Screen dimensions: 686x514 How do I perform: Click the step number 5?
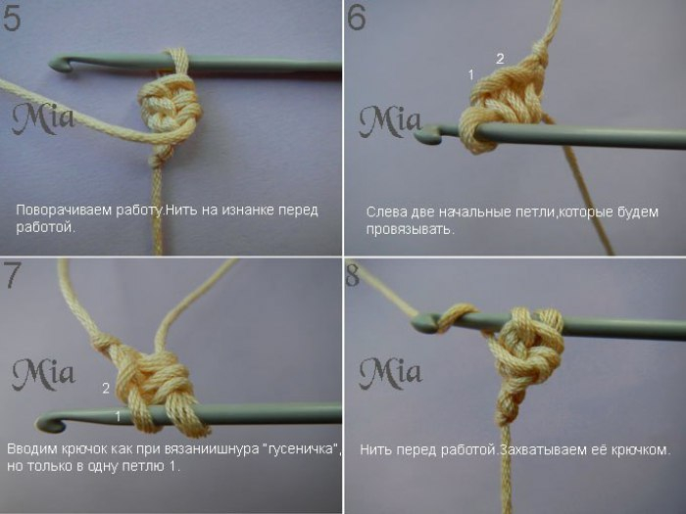(12, 19)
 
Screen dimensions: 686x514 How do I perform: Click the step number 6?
(356, 19)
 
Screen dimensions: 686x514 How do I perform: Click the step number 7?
(12, 275)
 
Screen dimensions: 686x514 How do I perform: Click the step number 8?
(353, 274)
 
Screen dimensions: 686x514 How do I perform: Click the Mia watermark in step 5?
(42, 118)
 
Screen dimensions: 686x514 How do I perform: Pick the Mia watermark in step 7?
(43, 374)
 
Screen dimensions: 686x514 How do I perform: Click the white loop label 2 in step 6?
(500, 59)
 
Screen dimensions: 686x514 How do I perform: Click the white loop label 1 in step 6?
(471, 75)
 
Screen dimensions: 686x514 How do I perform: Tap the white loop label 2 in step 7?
(106, 388)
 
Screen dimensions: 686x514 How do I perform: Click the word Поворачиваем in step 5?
(64, 210)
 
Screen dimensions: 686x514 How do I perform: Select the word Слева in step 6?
(387, 212)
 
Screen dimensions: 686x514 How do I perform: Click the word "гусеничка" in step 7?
(302, 448)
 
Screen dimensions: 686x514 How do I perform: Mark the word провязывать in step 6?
(409, 229)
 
